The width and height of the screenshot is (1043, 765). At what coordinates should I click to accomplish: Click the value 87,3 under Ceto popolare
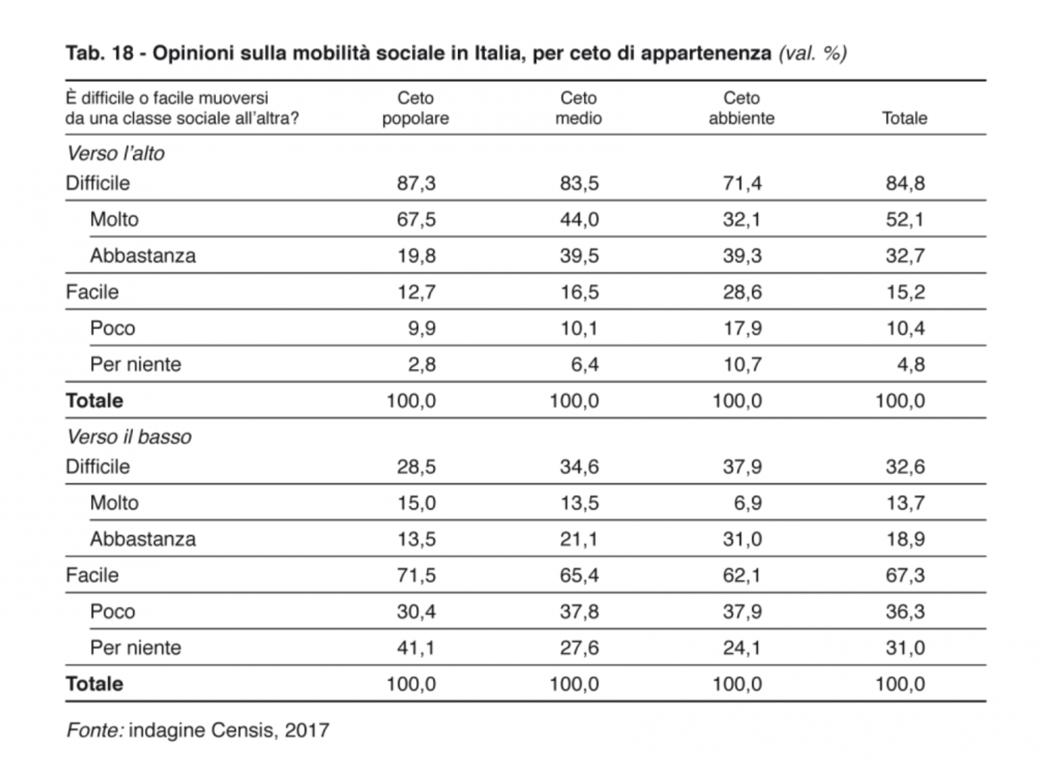[x=416, y=183]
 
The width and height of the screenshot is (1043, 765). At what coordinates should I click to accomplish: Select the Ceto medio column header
[x=578, y=108]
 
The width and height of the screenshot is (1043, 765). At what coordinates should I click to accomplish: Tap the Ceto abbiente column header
[x=741, y=108]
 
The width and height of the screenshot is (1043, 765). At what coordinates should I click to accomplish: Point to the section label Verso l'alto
[x=116, y=154]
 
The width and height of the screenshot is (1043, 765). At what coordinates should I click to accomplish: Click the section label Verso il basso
[x=129, y=437]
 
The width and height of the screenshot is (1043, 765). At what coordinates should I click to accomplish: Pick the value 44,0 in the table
[x=579, y=220]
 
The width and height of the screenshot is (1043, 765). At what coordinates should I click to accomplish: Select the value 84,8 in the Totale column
[x=905, y=183]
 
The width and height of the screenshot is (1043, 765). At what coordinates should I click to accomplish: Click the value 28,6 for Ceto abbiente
[x=742, y=292]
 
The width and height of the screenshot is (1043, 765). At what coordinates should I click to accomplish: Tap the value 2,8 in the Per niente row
[x=422, y=365]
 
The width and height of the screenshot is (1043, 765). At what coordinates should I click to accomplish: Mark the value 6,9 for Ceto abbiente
[x=747, y=503]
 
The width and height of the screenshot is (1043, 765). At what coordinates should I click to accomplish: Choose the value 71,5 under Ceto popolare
[x=416, y=576]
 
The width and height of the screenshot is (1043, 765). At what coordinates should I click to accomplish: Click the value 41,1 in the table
[x=415, y=648]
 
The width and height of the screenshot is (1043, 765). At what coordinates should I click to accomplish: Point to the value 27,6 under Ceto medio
[x=579, y=648]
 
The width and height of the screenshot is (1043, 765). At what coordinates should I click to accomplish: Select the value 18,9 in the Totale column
[x=905, y=539]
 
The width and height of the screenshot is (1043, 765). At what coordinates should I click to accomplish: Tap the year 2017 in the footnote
[x=307, y=730]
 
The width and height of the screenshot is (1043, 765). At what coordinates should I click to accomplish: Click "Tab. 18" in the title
[x=100, y=53]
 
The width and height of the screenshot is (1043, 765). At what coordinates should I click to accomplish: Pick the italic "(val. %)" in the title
[x=813, y=54]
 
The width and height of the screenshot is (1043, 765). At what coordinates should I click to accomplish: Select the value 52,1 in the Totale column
[x=904, y=220]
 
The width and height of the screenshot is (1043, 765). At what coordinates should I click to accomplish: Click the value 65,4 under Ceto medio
[x=579, y=576]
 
